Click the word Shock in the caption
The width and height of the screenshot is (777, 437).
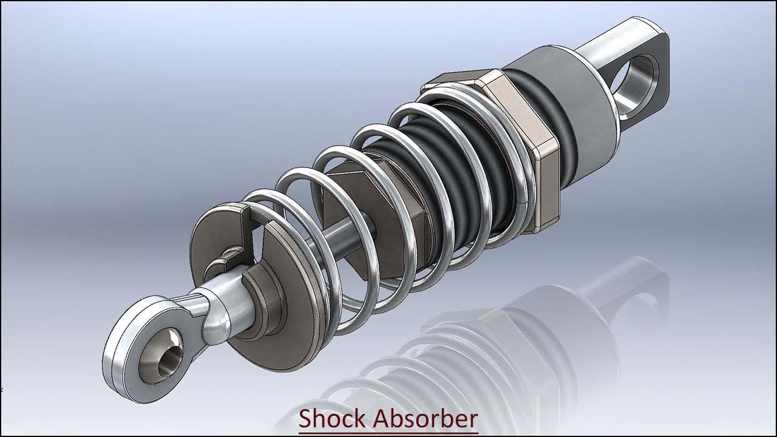tap(332, 419)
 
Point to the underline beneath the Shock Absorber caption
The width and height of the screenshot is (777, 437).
tap(388, 433)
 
